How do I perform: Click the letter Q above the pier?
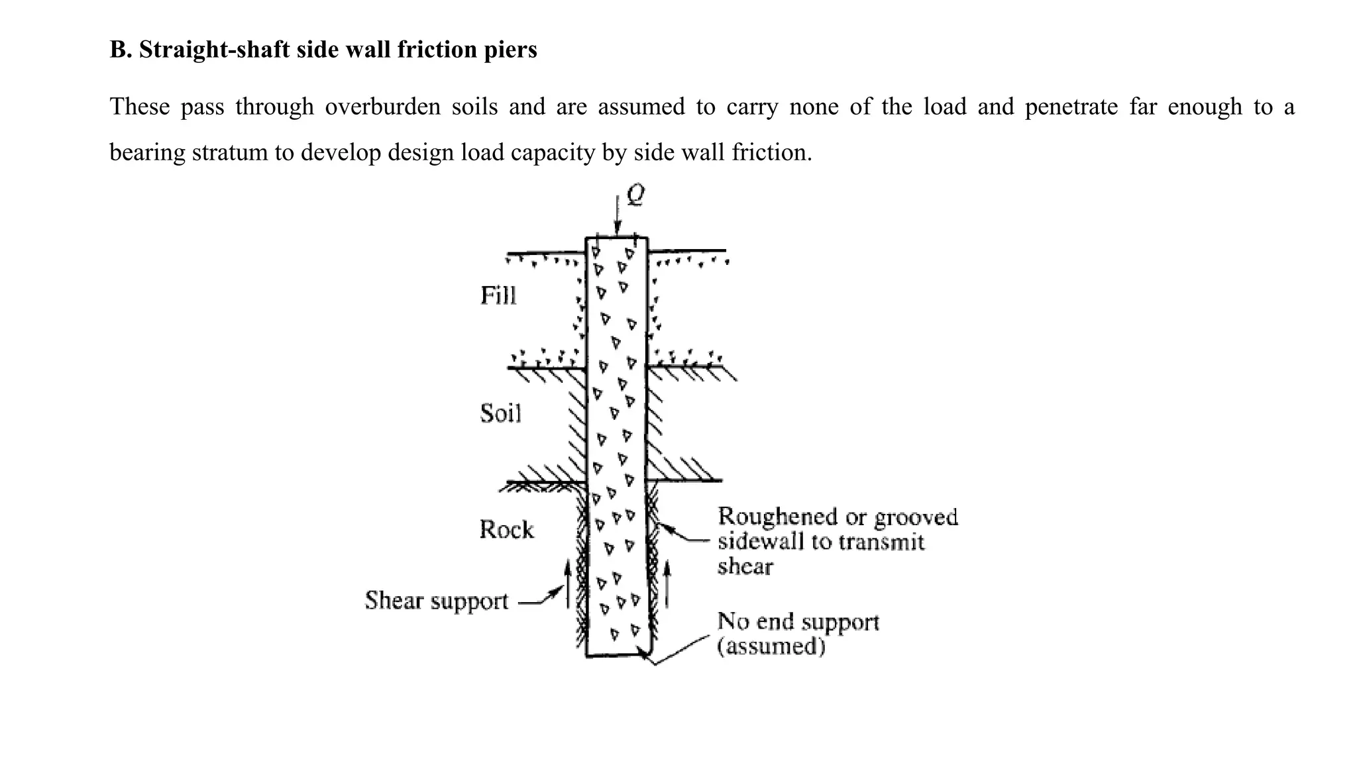[635, 195]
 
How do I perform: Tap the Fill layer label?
[498, 295]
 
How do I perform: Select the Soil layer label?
[500, 413]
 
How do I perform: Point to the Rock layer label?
[506, 530]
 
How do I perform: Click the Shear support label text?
[436, 601]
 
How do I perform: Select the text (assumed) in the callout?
[771, 646]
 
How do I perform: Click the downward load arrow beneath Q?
[618, 215]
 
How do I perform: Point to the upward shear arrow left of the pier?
[567, 583]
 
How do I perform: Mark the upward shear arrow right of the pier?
[667, 584]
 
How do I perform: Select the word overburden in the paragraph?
[382, 107]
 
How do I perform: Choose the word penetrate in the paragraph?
[1071, 107]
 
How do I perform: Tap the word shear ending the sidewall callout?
[745, 567]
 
